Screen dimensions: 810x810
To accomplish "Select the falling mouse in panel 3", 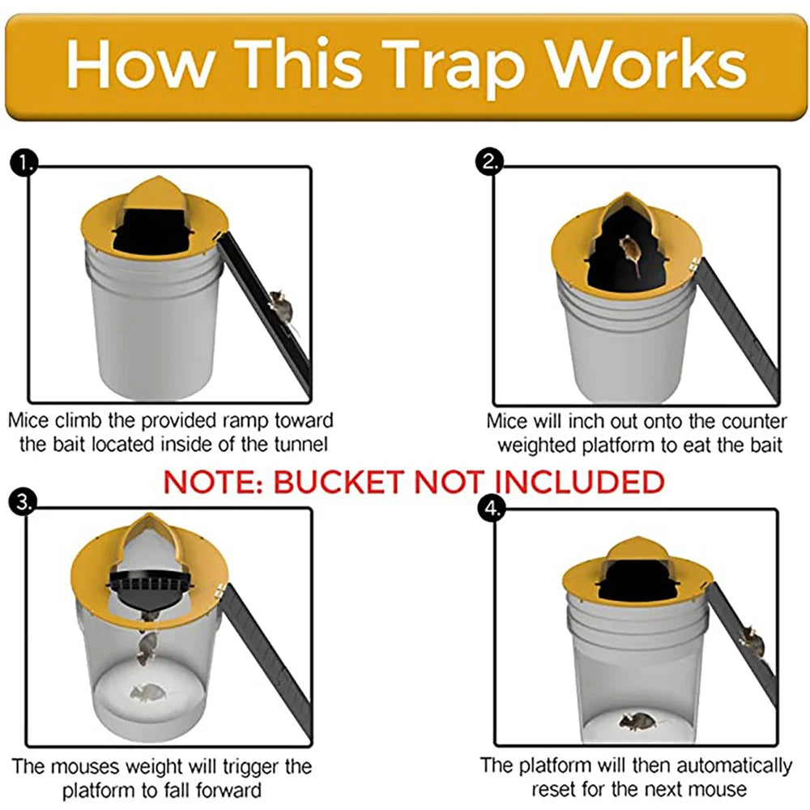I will [147, 648].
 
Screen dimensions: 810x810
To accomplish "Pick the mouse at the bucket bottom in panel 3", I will [147, 693].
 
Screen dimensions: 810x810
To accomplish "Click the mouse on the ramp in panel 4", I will [752, 643].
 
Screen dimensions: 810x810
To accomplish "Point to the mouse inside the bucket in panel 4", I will [637, 719].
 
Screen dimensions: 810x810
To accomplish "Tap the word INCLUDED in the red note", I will [579, 482].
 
